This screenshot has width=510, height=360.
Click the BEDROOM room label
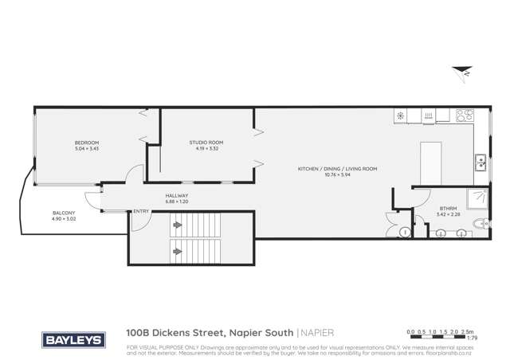[x=86, y=143]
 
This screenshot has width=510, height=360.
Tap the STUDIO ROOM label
[x=206, y=143]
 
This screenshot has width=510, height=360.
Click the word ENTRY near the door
[x=141, y=211]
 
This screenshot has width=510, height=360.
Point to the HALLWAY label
[x=176, y=196]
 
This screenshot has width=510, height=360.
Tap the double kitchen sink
[x=481, y=162]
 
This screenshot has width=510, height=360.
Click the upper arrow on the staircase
[x=176, y=227]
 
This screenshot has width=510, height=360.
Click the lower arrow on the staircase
[x=176, y=246]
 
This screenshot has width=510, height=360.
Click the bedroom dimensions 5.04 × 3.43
[x=86, y=149]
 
